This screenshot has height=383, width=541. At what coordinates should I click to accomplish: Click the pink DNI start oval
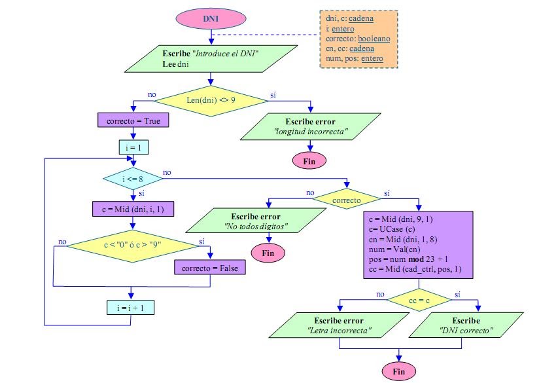pyautogui.click(x=210, y=18)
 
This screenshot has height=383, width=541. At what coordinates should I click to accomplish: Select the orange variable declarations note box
pyautogui.click(x=358, y=39)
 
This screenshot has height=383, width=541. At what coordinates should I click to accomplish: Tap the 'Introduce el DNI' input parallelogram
pyautogui.click(x=209, y=58)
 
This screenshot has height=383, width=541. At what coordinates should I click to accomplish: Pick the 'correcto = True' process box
pyautogui.click(x=133, y=121)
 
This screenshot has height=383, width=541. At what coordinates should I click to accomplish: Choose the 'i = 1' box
pyautogui.click(x=133, y=147)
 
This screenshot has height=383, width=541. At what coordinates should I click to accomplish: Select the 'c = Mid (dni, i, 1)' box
pyautogui.click(x=133, y=209)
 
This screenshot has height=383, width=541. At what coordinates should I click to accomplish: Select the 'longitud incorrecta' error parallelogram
pyautogui.click(x=310, y=127)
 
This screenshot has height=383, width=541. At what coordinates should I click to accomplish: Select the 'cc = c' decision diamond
pyautogui.click(x=418, y=299)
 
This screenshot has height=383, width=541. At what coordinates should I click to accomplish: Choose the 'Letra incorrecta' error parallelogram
pyautogui.click(x=338, y=326)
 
